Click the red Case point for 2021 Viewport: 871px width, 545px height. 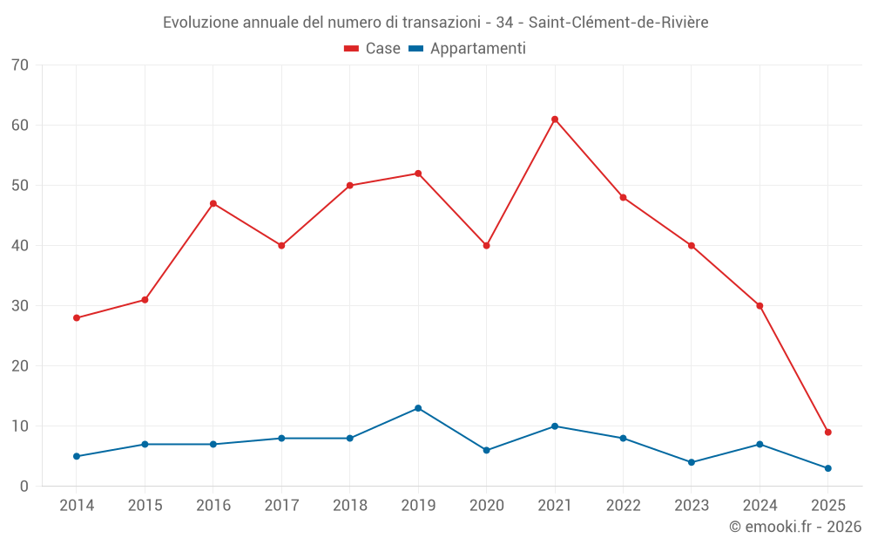(555, 119)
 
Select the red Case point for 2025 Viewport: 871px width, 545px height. (828, 433)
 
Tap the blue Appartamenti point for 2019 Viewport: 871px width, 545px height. (418, 408)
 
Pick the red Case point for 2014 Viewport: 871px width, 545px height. (77, 318)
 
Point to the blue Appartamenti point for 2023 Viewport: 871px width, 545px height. (692, 462)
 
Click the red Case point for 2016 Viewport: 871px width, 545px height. (213, 204)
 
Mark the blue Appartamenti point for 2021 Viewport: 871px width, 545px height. (555, 426)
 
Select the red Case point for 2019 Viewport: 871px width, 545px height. (418, 174)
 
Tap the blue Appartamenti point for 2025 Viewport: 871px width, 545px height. (828, 468)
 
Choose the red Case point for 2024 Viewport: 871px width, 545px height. (760, 306)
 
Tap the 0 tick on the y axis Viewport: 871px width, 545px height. (24, 487)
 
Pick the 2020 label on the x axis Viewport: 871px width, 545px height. (486, 506)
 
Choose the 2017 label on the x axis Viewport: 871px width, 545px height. (281, 506)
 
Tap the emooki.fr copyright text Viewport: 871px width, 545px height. (795, 527)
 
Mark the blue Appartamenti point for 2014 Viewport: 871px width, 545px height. (77, 456)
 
